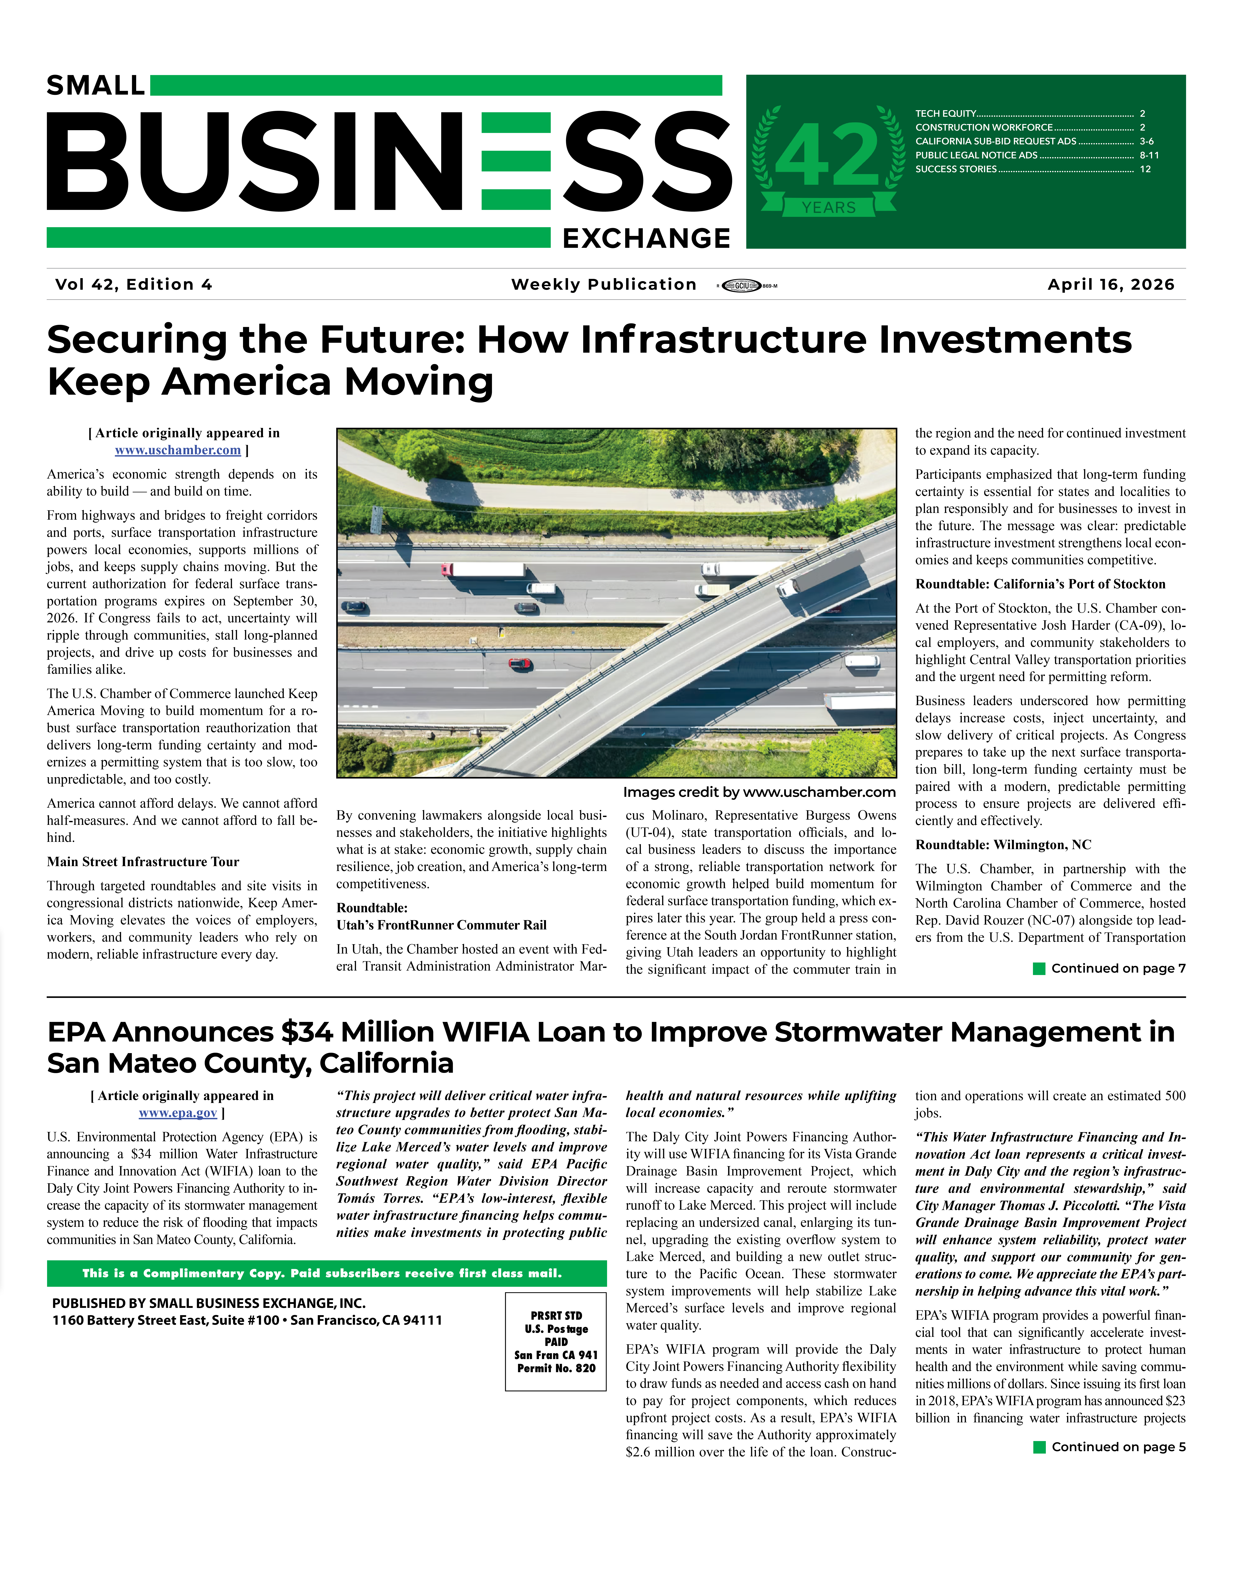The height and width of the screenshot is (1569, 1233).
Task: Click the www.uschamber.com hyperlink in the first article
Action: point(178,450)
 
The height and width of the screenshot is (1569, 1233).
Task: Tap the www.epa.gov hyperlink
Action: point(178,1113)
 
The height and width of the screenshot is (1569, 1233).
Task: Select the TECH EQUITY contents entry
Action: point(946,113)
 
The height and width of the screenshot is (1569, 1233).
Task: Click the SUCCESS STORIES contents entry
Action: point(956,169)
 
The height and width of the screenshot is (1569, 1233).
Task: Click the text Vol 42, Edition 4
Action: point(134,284)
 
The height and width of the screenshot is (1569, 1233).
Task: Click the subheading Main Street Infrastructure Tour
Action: point(143,862)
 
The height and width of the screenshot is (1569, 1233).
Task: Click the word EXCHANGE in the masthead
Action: point(646,238)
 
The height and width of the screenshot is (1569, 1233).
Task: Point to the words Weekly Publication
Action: point(604,284)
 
